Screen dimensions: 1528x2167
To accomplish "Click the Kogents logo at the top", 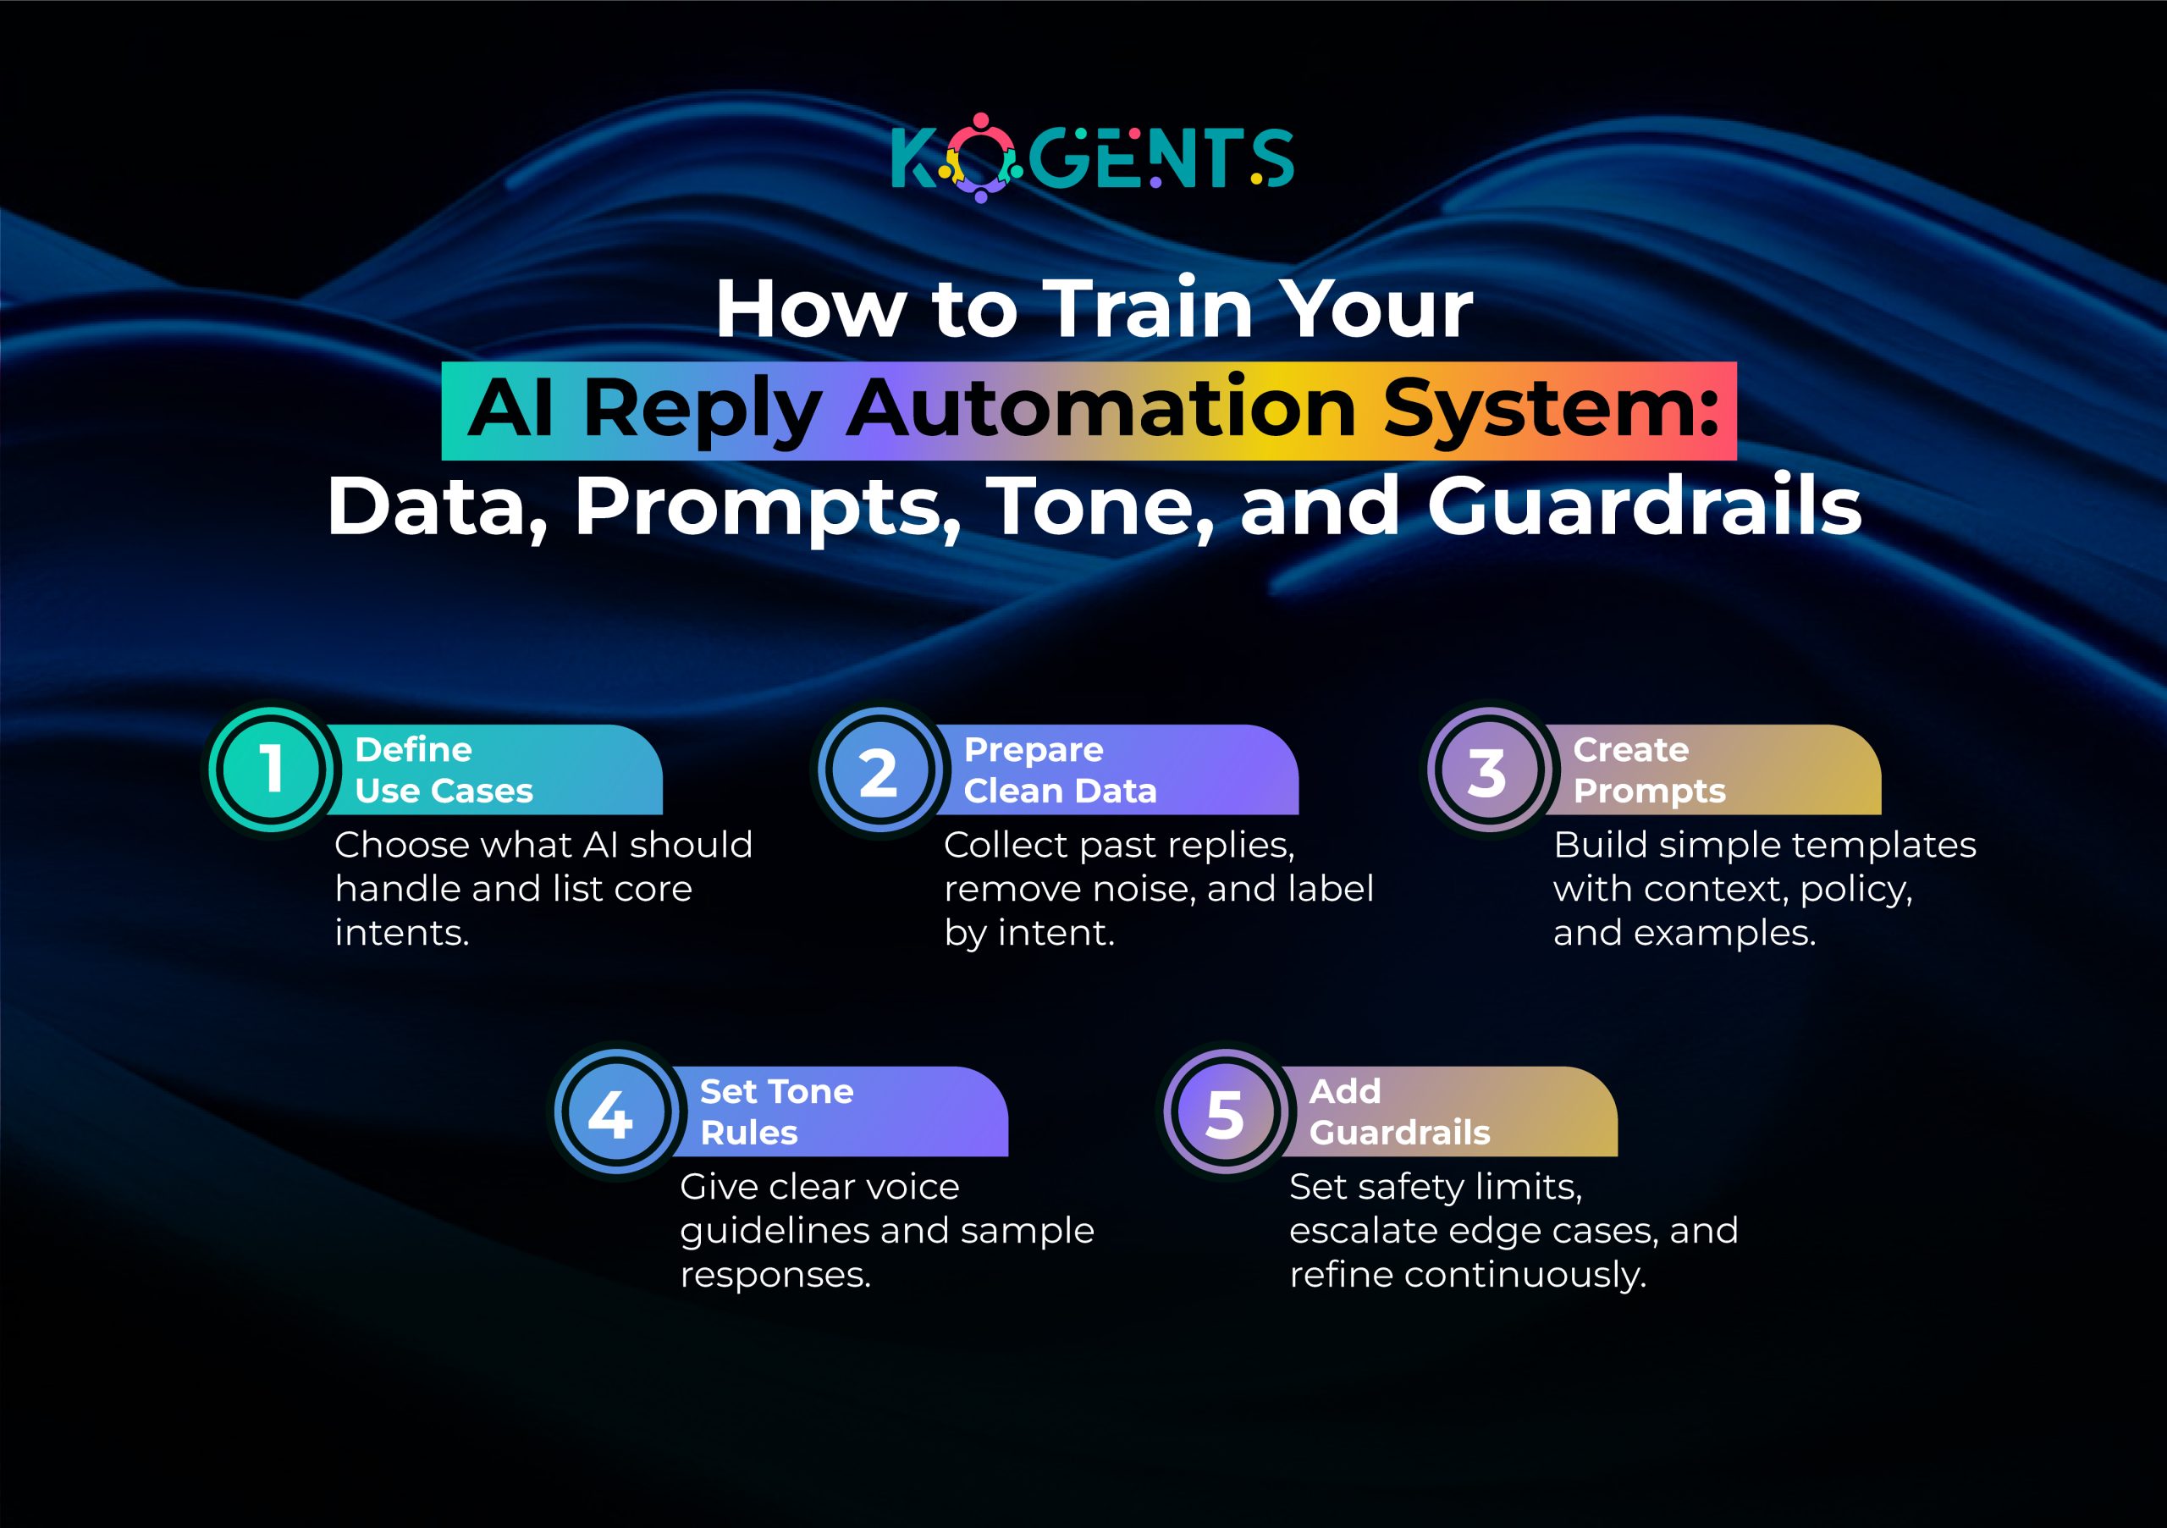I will tap(1092, 157).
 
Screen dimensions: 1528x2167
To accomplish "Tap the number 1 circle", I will tap(272, 769).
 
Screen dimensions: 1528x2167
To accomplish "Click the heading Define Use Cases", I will tap(444, 770).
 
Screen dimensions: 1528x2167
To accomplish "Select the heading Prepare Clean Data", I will tap(1059, 770).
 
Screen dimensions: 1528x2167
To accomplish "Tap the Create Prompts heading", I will tap(1649, 770).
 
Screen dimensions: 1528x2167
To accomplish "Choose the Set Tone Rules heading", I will tap(776, 1111).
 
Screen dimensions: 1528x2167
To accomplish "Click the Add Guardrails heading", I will tap(1398, 1111).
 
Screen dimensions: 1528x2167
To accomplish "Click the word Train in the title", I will tap(1150, 309).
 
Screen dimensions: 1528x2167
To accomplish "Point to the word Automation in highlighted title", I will tap(1100, 409).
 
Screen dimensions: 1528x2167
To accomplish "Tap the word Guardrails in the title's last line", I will tap(1643, 507).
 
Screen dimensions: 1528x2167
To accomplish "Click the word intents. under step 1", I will tap(402, 933).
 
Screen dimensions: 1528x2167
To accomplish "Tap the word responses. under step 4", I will tap(775, 1275).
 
